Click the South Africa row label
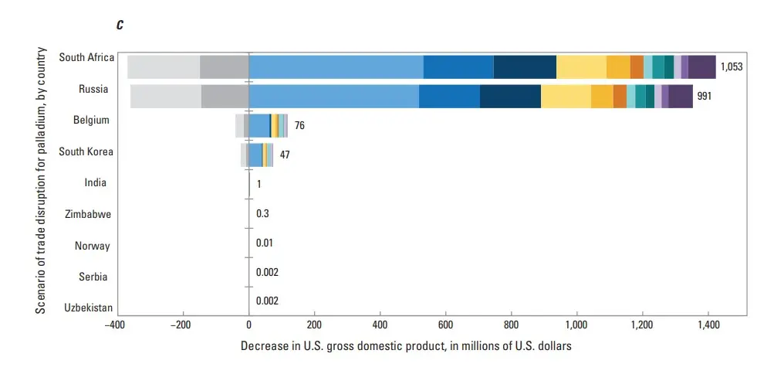click(x=86, y=58)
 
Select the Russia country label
click(x=93, y=89)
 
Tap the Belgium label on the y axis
click(x=91, y=121)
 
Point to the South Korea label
click(x=87, y=151)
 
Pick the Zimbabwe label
click(x=89, y=214)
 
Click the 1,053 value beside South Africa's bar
click(x=732, y=67)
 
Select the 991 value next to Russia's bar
click(x=704, y=97)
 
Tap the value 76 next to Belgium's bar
click(x=299, y=125)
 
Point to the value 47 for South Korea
click(x=285, y=155)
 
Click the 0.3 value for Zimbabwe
click(x=262, y=213)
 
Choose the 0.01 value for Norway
click(x=265, y=243)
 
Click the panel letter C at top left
click(x=120, y=25)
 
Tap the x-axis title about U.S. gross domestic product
click(x=406, y=345)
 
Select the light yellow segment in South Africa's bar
click(x=581, y=67)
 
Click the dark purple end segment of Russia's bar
click(x=681, y=97)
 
